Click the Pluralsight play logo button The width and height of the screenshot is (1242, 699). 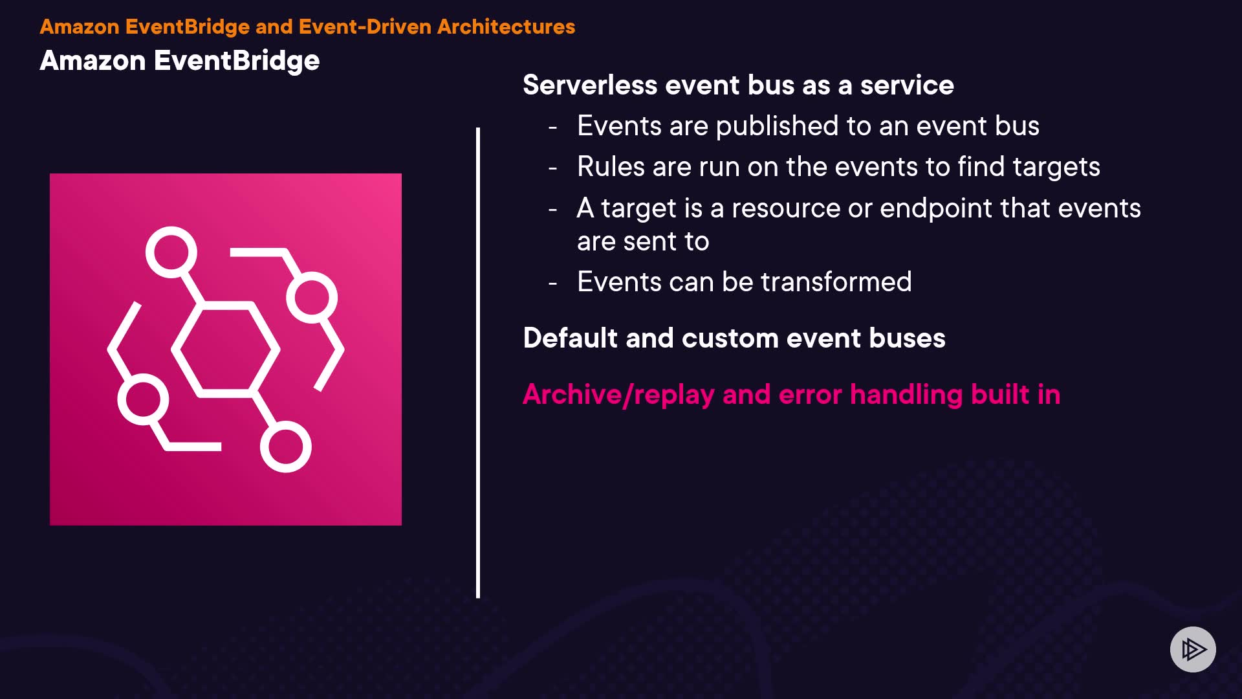[1193, 649]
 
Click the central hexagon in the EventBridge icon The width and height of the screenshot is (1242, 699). [226, 349]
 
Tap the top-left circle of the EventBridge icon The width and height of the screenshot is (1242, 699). [171, 252]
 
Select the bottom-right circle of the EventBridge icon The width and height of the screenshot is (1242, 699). [285, 447]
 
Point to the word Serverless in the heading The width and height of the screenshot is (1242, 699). [590, 85]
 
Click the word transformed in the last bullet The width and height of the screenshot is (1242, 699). [836, 282]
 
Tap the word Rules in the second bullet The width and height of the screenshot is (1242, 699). [611, 167]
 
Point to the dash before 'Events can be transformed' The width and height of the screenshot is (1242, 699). [552, 283]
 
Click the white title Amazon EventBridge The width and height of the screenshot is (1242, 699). [180, 61]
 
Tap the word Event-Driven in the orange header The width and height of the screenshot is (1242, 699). [365, 27]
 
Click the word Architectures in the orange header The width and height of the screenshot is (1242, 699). [506, 27]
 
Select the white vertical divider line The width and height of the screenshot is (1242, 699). [478, 362]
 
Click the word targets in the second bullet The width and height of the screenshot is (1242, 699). [1056, 167]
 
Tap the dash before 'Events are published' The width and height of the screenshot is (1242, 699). [552, 127]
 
